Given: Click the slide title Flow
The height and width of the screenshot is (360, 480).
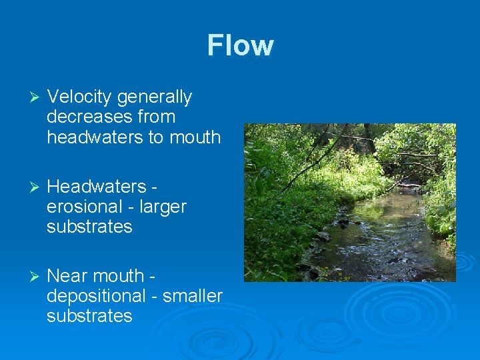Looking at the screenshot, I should point(240,45).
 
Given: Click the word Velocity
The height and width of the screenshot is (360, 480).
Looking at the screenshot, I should point(80,97).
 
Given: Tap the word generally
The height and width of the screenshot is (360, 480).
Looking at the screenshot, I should point(154,97).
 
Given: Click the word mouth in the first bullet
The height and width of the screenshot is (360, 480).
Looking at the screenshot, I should point(196,137).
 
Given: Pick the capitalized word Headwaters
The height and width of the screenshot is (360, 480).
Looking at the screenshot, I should point(97,187).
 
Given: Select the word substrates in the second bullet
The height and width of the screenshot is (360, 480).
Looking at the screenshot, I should point(90,227).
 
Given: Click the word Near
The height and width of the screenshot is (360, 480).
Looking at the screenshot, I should point(68,276).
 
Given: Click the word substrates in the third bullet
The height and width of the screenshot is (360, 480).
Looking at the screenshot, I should point(90,316).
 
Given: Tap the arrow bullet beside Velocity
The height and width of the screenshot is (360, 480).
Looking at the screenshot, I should point(27,98).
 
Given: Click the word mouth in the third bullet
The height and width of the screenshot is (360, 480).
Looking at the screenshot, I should point(121,276).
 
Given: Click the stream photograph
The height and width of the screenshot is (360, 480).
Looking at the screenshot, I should point(349,202).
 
